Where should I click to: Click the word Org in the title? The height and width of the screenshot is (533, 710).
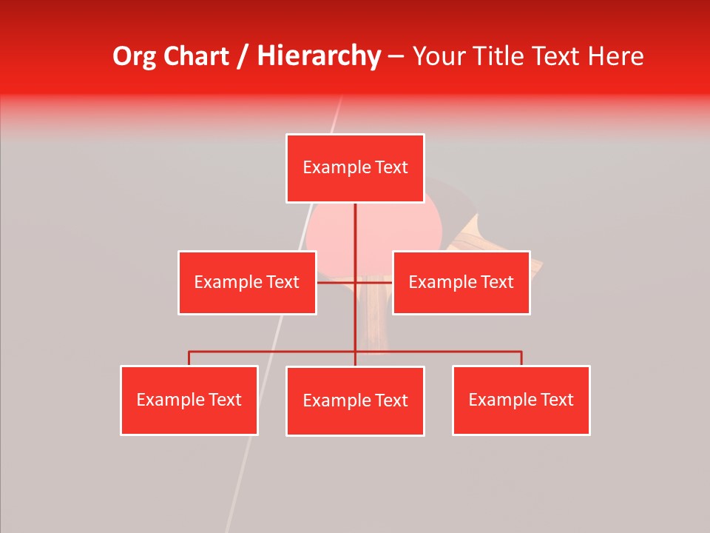click(x=134, y=56)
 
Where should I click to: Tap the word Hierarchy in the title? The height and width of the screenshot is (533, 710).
click(x=319, y=56)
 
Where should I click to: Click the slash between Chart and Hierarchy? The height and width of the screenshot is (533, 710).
click(x=243, y=56)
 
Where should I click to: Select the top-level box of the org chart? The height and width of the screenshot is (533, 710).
click(x=355, y=168)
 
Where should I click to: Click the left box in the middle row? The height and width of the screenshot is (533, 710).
click(x=247, y=282)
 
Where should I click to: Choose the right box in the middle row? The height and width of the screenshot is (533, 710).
click(x=461, y=282)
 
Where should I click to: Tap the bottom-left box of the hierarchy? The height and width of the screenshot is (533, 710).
click(x=189, y=400)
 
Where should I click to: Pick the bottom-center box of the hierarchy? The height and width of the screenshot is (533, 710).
click(x=355, y=400)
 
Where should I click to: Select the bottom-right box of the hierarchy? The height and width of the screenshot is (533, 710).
click(x=521, y=400)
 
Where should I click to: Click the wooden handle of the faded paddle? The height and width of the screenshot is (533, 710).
click(x=375, y=318)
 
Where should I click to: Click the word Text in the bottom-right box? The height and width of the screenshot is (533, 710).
click(x=557, y=400)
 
